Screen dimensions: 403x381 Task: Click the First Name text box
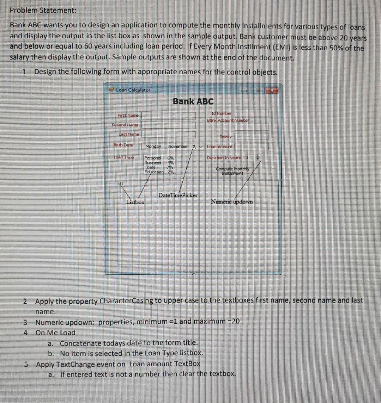coord(169,116)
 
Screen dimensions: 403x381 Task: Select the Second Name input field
coord(169,125)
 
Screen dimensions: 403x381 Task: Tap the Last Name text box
coord(169,134)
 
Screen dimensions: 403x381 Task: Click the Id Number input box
coord(252,113)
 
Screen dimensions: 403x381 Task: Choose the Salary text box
coord(252,136)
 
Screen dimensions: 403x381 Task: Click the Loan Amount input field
coord(252,146)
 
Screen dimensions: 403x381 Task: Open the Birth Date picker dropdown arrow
coord(201,147)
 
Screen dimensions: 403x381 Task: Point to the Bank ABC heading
coord(193,101)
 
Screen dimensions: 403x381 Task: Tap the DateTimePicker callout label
coord(178,195)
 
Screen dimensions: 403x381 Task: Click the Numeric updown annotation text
coord(231,202)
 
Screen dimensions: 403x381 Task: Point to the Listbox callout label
coord(135,202)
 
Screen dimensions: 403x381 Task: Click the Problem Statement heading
coord(43,10)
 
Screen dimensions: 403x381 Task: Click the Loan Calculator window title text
coord(133,90)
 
